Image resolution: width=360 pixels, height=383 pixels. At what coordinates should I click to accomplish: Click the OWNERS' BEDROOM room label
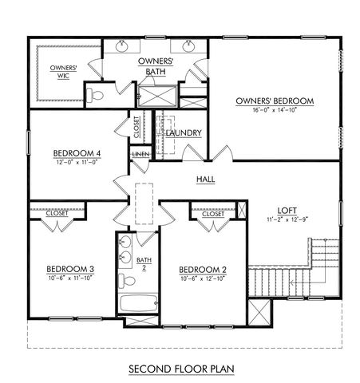click(x=274, y=101)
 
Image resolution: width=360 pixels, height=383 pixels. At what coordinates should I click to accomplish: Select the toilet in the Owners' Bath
click(x=96, y=96)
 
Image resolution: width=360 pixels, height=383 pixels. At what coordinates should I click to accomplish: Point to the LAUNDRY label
click(x=183, y=132)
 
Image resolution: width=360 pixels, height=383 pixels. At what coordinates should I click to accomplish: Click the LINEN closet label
click(x=140, y=153)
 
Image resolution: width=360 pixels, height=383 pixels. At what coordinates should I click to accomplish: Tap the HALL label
click(x=205, y=180)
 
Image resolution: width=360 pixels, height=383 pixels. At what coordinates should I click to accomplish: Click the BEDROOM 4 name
click(x=77, y=153)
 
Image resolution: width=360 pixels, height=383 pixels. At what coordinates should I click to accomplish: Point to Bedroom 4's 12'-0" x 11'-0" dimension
click(x=77, y=163)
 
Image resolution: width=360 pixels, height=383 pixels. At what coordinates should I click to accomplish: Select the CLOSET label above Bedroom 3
click(x=57, y=214)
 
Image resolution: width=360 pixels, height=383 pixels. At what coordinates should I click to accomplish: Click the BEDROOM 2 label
click(x=203, y=269)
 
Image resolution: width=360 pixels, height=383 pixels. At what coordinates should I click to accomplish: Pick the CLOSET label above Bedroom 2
click(x=212, y=214)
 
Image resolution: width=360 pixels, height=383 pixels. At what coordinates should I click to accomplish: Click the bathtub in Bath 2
click(x=136, y=305)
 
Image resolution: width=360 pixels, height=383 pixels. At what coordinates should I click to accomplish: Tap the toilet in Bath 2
click(x=125, y=281)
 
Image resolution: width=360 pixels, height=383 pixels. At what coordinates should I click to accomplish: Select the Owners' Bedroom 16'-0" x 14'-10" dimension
click(x=274, y=110)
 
